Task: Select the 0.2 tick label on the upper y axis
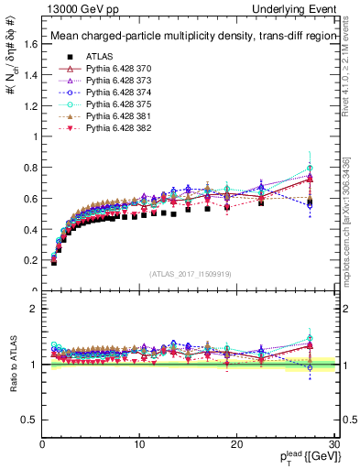30,260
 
